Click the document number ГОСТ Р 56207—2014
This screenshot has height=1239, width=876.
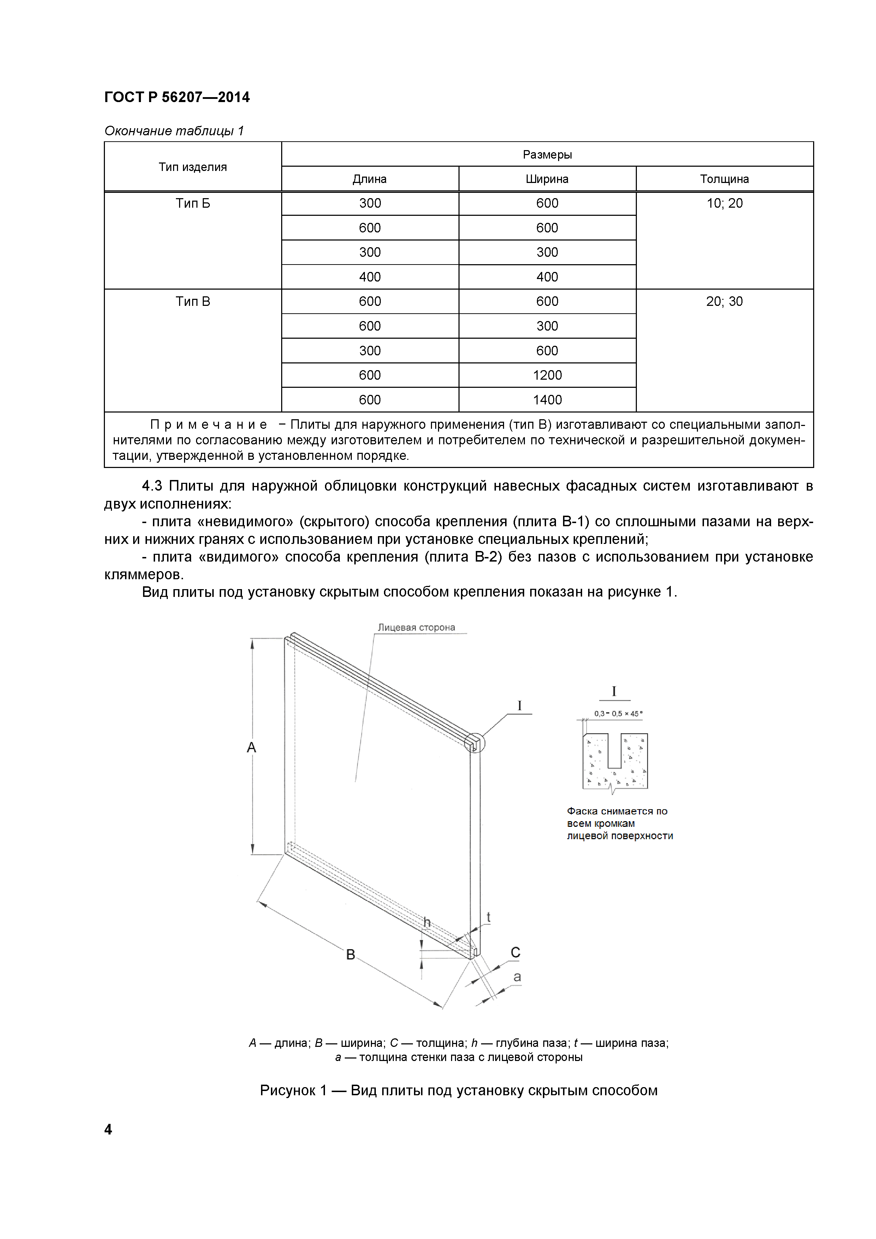[x=177, y=97]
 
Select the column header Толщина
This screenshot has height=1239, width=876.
[x=724, y=179]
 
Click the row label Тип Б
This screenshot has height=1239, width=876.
[x=193, y=203]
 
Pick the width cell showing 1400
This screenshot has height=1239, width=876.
[x=547, y=400]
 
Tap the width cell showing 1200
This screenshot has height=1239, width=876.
[x=547, y=375]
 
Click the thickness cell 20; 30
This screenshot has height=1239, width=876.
[x=724, y=302]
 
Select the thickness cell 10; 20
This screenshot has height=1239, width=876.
[x=724, y=203]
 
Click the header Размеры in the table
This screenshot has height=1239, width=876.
[x=547, y=154]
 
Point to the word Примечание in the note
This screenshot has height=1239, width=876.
[x=208, y=425]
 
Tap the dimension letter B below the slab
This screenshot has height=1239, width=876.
[x=350, y=955]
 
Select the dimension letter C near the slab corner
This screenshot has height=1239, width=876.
[x=515, y=953]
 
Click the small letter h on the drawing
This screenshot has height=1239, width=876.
[x=427, y=923]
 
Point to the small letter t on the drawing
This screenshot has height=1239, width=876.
[x=489, y=917]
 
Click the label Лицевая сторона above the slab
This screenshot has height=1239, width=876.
[x=416, y=628]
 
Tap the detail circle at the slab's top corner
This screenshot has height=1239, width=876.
[x=474, y=743]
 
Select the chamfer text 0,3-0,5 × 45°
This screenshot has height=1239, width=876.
[x=618, y=713]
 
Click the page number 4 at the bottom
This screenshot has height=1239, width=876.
[x=108, y=1130]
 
